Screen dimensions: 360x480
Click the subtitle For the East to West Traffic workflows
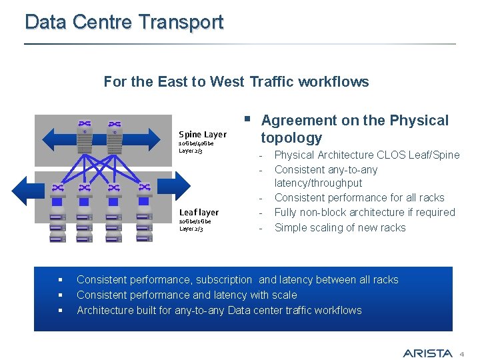(236, 82)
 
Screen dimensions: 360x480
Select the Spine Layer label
(202, 135)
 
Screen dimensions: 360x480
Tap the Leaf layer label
(199, 212)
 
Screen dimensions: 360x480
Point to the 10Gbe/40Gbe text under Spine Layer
(196, 143)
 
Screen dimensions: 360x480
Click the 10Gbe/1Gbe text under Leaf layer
(195, 221)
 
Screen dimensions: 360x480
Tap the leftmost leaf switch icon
(57, 189)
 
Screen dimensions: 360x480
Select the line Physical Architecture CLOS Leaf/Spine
(367, 155)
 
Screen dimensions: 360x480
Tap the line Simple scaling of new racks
(340, 227)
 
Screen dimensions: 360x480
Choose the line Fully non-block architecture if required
(365, 213)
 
